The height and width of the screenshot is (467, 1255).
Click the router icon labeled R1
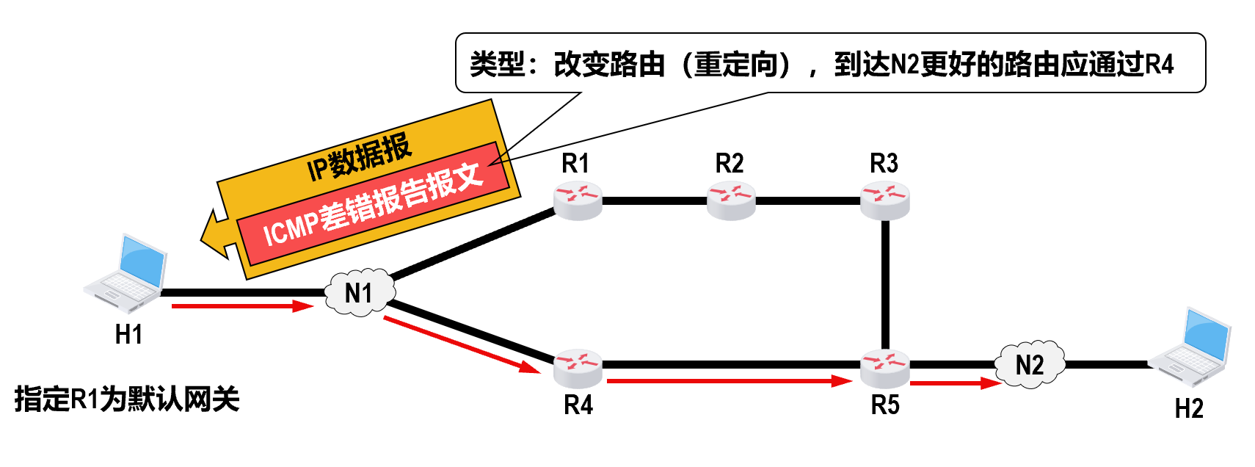(578, 200)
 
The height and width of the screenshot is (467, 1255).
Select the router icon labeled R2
(731, 200)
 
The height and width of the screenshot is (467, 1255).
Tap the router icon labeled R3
(885, 200)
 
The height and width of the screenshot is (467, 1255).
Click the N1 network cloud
(359, 293)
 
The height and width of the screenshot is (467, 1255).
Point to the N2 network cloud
(1030, 364)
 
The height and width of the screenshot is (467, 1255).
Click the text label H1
(128, 335)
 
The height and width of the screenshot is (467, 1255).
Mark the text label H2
(1189, 409)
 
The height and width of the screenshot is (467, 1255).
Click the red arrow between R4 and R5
(729, 381)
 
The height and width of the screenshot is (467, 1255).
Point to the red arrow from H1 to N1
(242, 306)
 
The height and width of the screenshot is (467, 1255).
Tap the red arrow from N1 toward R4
(462, 344)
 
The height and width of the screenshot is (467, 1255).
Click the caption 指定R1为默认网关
(127, 399)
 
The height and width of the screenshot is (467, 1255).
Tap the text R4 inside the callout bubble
(1159, 65)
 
